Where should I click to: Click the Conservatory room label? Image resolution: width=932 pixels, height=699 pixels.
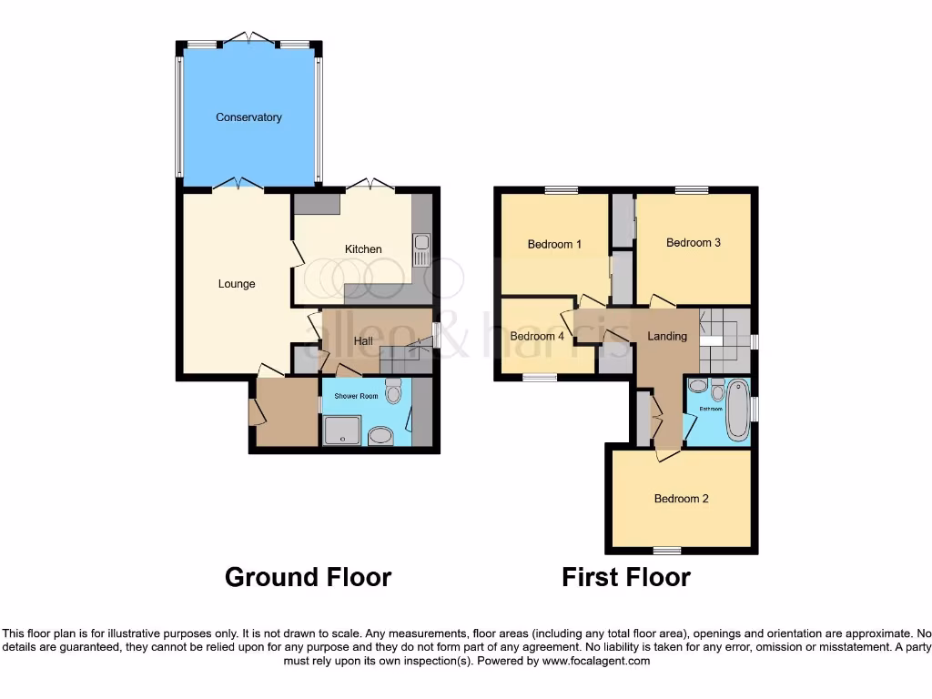point(248,117)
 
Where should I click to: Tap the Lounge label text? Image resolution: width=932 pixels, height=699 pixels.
point(237,284)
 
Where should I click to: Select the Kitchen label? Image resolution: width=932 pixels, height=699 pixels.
point(362,249)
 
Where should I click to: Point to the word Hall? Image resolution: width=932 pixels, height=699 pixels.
point(363,341)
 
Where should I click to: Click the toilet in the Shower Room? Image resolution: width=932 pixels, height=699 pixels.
point(393,391)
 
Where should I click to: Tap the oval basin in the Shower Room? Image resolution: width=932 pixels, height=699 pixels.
point(380,437)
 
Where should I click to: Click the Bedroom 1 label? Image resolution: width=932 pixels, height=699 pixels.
point(555,244)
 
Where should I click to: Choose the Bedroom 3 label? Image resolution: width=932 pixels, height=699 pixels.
point(694,243)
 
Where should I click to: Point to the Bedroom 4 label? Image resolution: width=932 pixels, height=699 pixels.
point(537,336)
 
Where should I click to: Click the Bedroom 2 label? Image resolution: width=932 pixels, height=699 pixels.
point(681,499)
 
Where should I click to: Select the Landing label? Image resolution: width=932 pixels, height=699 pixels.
point(666,336)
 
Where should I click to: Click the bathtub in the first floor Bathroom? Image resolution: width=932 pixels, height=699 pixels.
point(736,411)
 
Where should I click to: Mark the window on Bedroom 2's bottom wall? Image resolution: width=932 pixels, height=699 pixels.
point(666,551)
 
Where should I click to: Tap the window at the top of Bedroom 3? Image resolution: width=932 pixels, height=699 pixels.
point(692,189)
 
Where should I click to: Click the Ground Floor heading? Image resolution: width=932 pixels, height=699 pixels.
point(308,577)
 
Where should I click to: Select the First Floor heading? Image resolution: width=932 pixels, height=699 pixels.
point(626,577)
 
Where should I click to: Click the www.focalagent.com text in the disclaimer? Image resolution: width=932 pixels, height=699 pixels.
point(596,662)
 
